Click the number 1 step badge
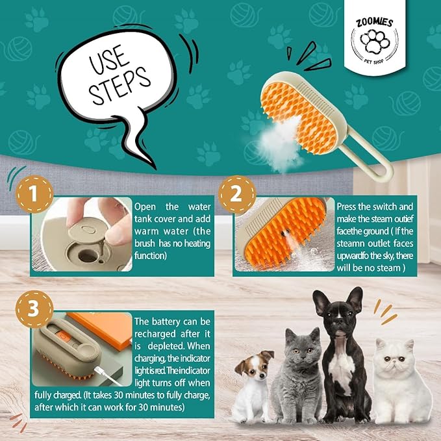click(34, 194)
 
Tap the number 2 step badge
click(237, 194)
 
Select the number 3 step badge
click(34, 309)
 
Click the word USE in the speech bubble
click(109, 60)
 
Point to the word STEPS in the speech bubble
click(120, 86)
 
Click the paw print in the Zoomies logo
click(375, 42)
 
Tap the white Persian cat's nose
click(394, 364)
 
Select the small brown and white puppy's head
click(254, 366)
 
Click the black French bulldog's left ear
click(320, 303)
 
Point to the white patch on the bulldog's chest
click(341, 366)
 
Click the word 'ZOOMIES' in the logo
click(374, 22)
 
